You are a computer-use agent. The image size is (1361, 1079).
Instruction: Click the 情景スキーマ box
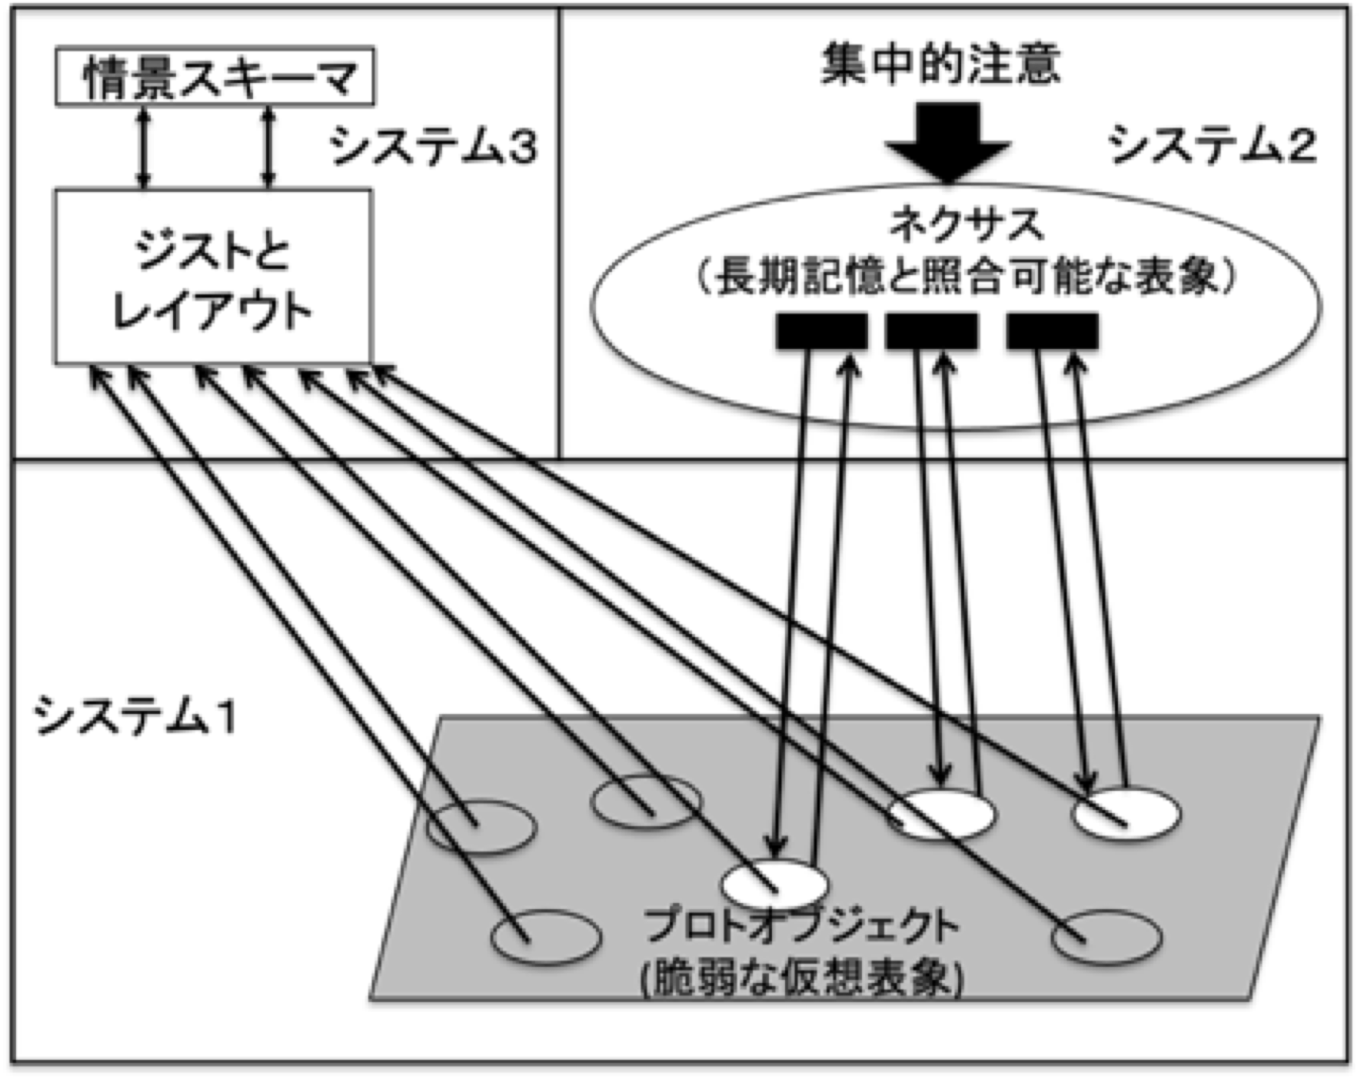click(x=215, y=76)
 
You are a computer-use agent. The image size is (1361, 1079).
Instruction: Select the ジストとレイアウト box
click(x=213, y=277)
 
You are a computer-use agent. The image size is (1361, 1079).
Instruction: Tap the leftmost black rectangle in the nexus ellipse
click(x=822, y=331)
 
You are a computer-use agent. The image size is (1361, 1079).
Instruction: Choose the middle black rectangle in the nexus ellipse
click(x=931, y=331)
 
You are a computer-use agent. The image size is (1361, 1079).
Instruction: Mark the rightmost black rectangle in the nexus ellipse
click(x=1052, y=331)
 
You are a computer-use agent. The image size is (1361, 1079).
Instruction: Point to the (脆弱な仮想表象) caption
click(x=801, y=978)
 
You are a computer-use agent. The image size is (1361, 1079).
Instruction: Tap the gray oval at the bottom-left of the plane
click(x=546, y=937)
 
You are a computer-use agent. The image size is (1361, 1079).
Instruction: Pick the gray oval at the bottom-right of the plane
click(x=1106, y=935)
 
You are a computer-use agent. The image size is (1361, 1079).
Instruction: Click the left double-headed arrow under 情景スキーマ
click(x=144, y=148)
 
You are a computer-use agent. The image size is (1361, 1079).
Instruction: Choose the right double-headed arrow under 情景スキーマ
click(x=268, y=148)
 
